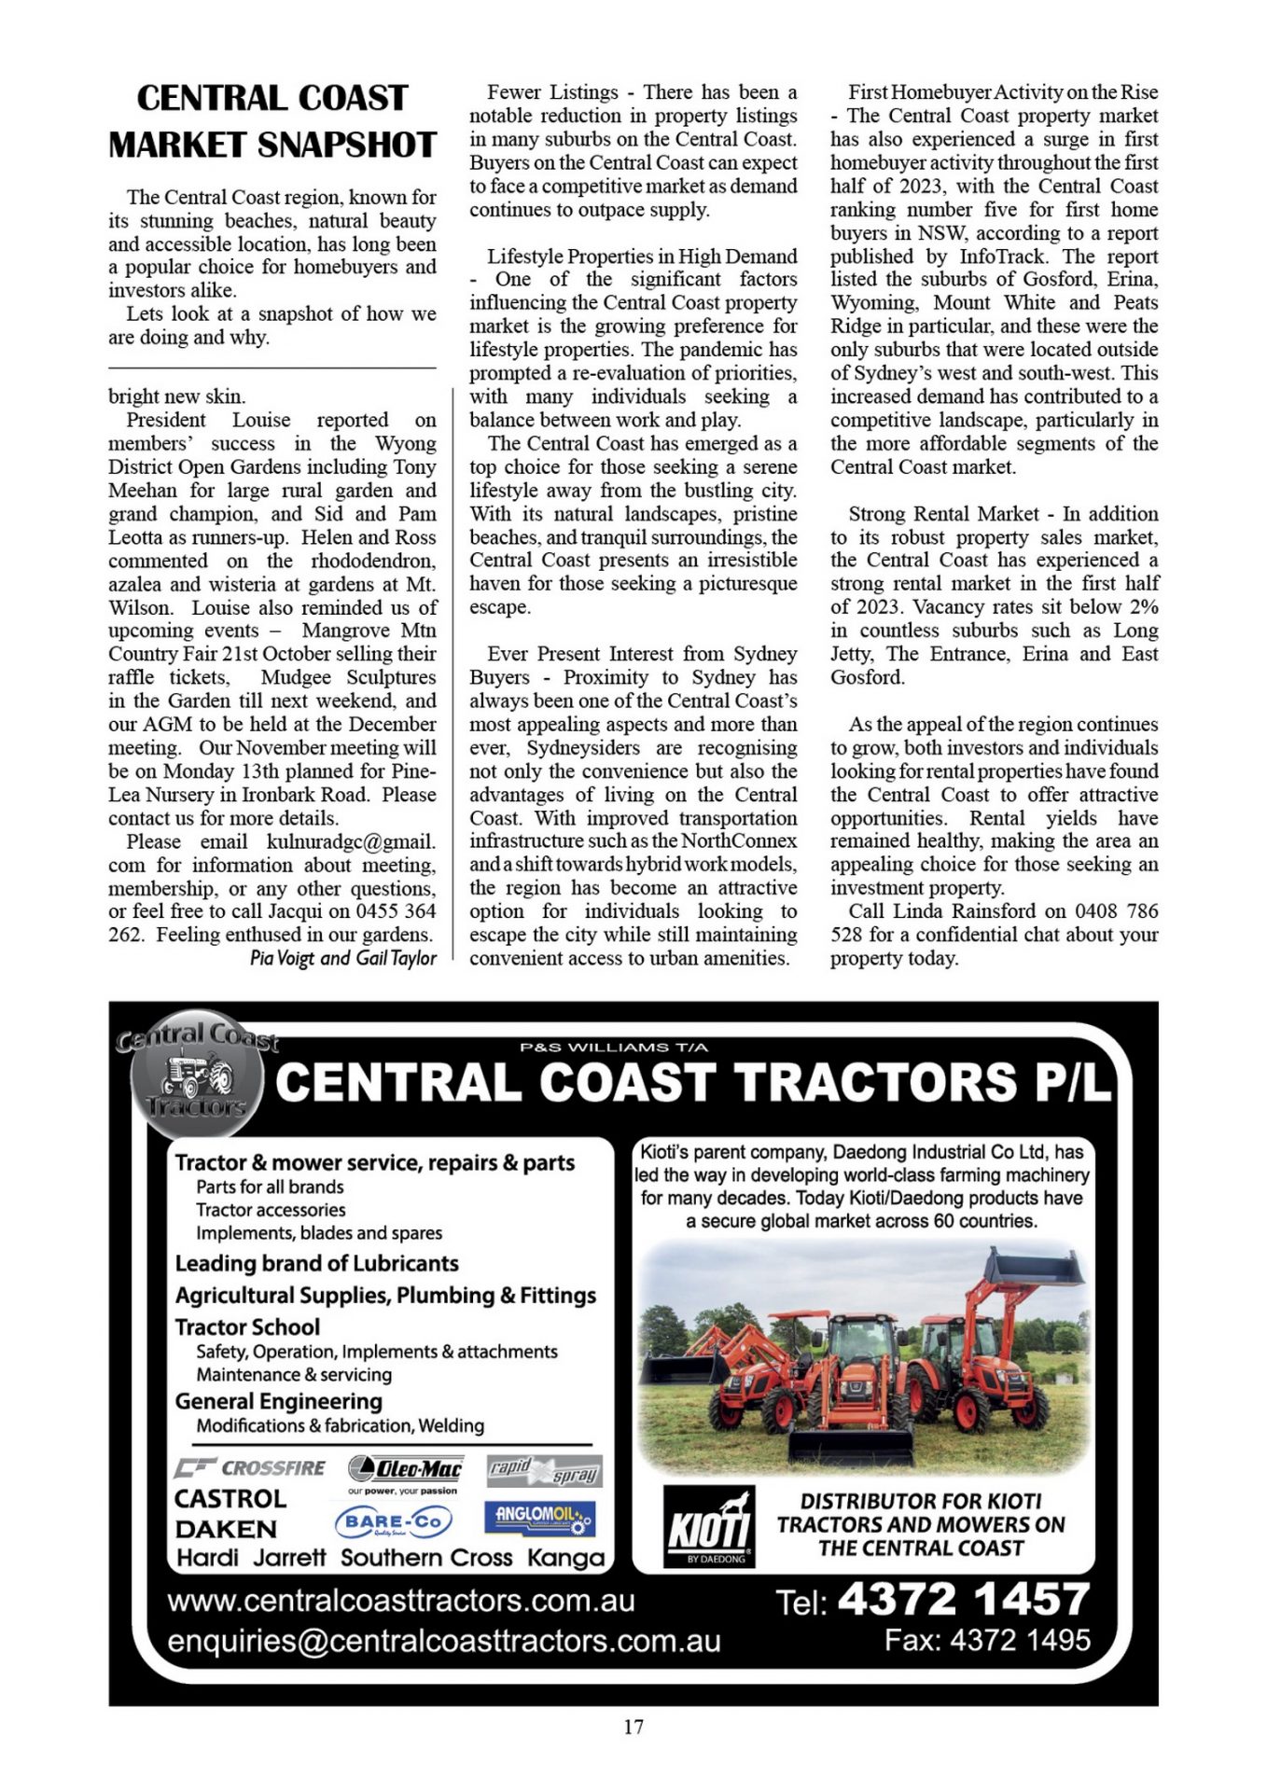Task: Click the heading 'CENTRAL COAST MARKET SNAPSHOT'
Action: [x=272, y=121]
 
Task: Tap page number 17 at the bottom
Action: [x=633, y=1727]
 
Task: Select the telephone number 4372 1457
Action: [x=964, y=1599]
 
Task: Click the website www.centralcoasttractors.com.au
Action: [x=401, y=1601]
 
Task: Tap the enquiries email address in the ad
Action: [x=444, y=1641]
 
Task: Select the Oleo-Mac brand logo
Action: [x=405, y=1469]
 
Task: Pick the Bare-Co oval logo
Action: [x=393, y=1522]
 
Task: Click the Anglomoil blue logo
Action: [x=539, y=1517]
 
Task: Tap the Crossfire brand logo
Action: [x=250, y=1468]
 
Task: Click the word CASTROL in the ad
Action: [x=230, y=1499]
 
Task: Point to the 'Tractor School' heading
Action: [x=247, y=1326]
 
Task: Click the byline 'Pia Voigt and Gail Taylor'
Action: [x=342, y=958]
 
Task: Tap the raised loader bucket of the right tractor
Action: [x=1036, y=1268]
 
